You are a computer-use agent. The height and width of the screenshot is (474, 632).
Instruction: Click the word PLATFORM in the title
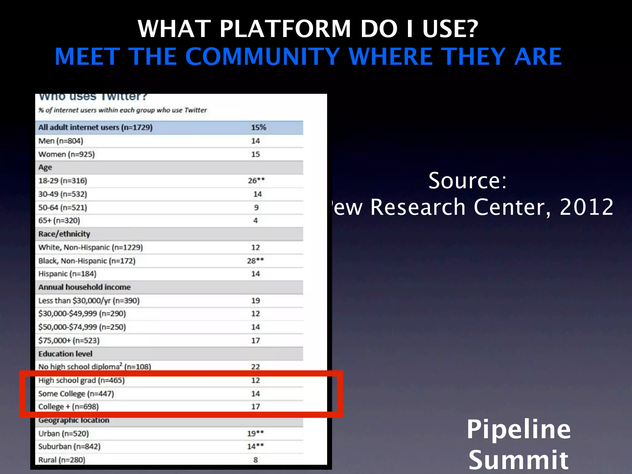285,29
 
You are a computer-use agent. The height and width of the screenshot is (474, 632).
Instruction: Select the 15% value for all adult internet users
258,127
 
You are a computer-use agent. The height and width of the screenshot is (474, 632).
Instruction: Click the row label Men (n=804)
61,141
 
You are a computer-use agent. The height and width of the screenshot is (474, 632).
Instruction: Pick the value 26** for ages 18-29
256,181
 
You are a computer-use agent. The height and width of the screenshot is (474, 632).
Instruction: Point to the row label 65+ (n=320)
59,221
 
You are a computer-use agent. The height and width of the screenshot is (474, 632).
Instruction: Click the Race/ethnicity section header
64,234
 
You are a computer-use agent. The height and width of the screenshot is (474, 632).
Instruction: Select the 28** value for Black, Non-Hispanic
255,261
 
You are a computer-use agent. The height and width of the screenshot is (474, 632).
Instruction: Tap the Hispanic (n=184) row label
67,274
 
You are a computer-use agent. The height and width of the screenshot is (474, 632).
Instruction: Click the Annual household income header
84,287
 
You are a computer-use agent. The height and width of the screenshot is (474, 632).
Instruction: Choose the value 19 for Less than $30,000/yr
255,301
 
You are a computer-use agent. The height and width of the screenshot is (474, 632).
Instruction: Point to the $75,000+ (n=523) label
69,341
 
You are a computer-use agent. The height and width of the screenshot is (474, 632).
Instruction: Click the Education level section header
65,354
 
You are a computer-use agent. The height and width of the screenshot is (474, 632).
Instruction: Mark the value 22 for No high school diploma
255,367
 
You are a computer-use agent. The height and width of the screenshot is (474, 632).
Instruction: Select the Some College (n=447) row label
76,394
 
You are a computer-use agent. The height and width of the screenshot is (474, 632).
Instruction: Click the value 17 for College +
255,407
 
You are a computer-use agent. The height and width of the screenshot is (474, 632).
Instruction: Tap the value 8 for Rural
256,460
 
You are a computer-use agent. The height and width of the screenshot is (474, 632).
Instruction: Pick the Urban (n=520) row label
63,434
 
